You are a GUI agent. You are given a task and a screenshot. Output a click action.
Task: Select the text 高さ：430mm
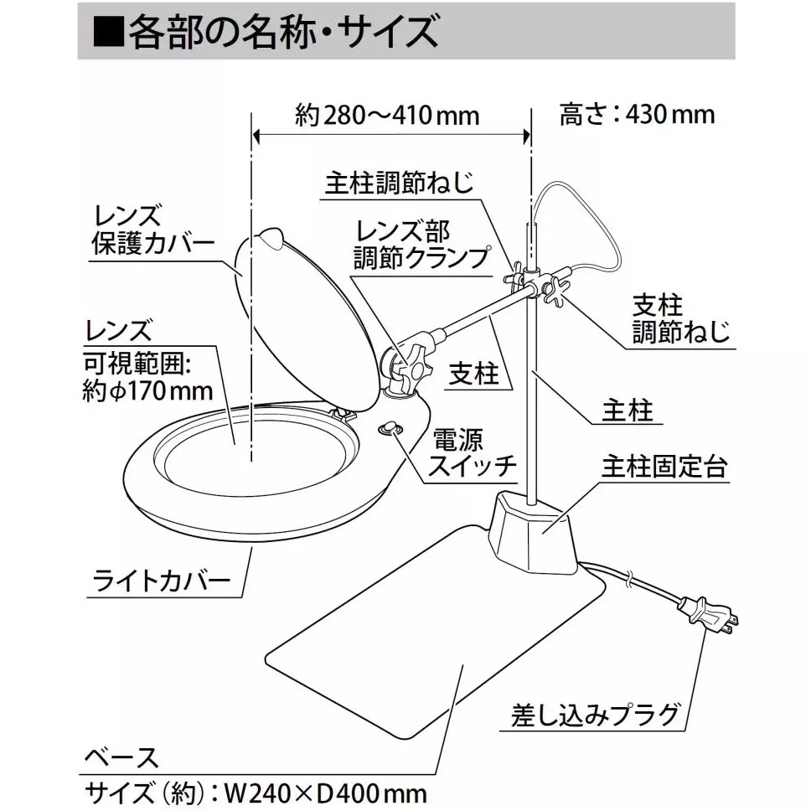[637, 114]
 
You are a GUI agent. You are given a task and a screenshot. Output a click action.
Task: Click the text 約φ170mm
[147, 390]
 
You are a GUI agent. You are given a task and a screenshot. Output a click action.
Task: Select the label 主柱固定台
[663, 467]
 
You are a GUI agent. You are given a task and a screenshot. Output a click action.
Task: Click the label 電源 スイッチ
[472, 452]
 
